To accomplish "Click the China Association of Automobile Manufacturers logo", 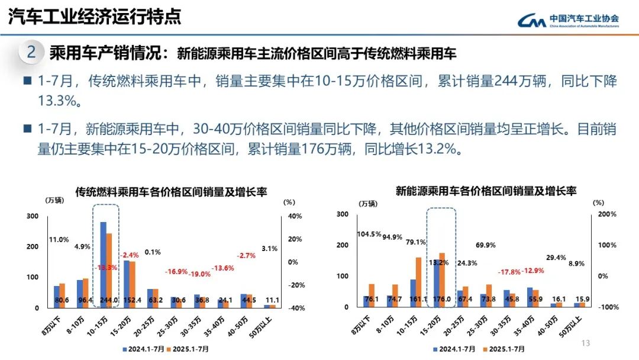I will [568, 21].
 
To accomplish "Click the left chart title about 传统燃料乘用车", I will [171, 192].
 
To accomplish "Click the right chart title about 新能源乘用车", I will [486, 191].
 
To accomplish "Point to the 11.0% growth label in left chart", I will [59, 240].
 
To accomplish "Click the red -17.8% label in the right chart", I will [494, 272].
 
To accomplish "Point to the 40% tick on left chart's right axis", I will [295, 216].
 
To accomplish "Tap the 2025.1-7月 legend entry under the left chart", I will [187, 349].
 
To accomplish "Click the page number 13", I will [586, 343].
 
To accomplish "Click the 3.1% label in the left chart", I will [269, 249].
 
